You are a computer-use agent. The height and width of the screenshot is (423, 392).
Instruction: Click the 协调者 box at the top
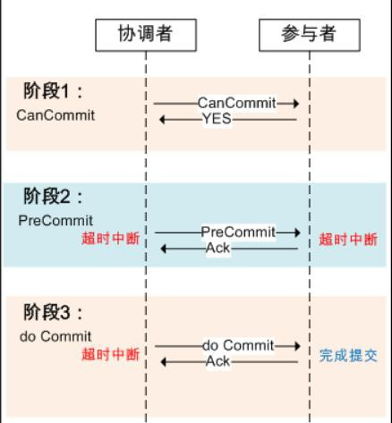point(146,35)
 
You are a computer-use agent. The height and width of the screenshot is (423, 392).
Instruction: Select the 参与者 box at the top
point(310,35)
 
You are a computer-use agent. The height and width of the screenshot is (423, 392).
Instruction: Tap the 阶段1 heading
point(53,91)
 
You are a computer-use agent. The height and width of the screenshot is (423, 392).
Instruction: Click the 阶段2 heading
point(53,196)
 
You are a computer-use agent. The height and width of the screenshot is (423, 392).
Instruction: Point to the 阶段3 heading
point(53,312)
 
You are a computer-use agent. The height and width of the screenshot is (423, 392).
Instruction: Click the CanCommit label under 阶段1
point(55,115)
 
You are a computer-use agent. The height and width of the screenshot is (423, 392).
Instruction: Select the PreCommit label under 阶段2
point(55,221)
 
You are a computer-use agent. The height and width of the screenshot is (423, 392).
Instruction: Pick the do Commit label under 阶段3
point(55,336)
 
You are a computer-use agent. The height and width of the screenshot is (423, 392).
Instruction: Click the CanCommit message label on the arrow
point(237,103)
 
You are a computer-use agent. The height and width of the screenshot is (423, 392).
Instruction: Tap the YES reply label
point(217,119)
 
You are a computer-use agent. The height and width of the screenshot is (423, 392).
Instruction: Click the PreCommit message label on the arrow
point(238,232)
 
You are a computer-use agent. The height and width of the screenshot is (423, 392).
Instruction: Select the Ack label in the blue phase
point(217,248)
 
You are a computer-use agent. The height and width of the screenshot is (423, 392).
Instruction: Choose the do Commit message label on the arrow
point(238,345)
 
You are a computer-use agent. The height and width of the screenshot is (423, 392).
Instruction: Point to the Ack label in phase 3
point(217,361)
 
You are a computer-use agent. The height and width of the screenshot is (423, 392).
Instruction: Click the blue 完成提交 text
point(348,355)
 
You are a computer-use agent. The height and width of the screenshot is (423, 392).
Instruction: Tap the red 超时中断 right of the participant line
point(348,240)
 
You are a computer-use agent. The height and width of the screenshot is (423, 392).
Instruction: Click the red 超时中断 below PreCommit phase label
point(111,239)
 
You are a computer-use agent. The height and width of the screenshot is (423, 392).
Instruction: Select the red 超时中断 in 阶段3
point(111,354)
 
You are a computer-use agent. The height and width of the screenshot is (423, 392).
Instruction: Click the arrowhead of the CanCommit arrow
point(296,104)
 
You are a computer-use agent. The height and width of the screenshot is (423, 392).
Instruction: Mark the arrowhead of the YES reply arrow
point(163,120)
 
